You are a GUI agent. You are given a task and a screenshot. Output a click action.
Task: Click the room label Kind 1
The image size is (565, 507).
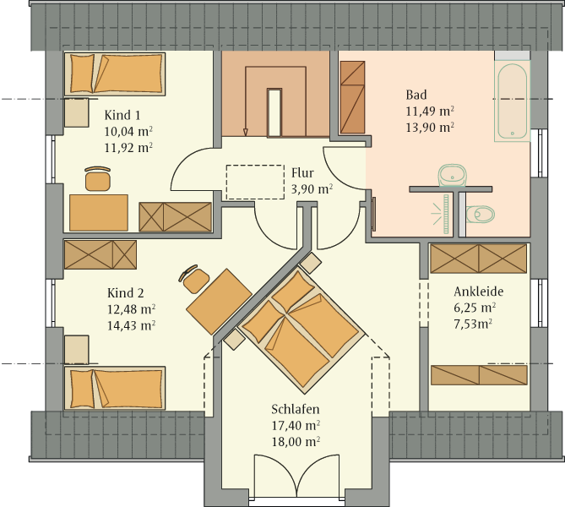[122, 115]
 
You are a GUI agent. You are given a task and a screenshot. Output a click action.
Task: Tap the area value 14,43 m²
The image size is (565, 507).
[131, 325]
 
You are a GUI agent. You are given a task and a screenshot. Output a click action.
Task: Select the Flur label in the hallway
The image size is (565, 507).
[302, 173]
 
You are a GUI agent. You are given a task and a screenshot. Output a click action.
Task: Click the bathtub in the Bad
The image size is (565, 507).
[513, 101]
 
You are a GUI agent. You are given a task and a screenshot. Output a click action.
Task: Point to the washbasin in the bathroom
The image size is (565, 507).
[452, 175]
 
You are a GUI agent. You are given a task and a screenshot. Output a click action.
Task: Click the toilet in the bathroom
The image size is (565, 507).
[480, 215]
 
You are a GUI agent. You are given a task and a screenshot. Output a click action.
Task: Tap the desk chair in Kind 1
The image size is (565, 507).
[98, 178]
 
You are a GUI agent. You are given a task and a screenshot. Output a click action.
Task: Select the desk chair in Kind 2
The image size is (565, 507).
[194, 278]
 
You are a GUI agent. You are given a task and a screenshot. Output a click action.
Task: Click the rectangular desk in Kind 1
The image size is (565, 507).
[99, 213]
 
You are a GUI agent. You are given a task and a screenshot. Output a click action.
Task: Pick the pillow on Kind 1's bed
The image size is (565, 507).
[82, 74]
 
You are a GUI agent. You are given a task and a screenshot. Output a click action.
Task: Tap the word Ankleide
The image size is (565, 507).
[479, 292]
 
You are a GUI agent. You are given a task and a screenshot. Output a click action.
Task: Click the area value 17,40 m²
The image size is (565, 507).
[296, 426]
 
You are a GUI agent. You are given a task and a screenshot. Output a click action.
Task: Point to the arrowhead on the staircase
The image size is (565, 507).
[246, 133]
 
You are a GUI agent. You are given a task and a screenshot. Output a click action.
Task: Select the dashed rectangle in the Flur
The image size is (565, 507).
[255, 183]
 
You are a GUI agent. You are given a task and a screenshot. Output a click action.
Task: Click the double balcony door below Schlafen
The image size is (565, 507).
[296, 477]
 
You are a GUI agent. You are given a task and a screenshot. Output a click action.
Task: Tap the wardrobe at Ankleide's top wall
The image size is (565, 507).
[479, 259]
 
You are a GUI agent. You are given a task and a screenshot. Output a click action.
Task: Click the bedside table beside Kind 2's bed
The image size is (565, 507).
[77, 349]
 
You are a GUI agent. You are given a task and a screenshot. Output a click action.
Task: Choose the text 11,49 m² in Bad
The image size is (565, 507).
[430, 111]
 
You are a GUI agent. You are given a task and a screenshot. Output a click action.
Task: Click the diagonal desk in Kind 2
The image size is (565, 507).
[219, 302]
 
